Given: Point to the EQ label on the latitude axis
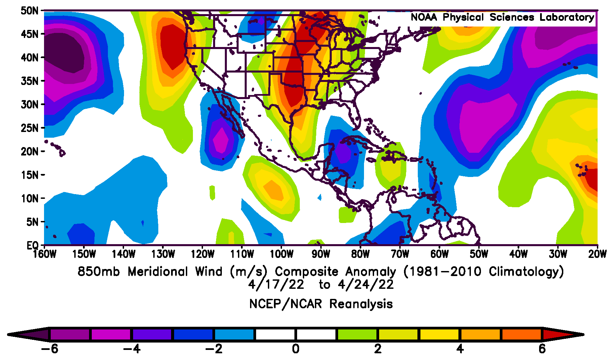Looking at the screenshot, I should tap(33, 245).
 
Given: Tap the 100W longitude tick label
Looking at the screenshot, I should tap(282, 254).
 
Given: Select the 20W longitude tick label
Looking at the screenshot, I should tap(597, 254).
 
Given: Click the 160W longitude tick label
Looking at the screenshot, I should tap(45, 254).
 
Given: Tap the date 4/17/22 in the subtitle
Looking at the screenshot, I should tap(276, 285).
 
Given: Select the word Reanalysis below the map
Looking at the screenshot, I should tap(361, 304).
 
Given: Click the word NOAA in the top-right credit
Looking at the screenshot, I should tap(424, 17).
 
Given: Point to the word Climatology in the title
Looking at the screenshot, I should tap(526, 271).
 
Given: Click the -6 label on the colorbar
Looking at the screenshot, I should tap(49, 349).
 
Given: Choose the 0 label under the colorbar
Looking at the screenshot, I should tap(295, 349).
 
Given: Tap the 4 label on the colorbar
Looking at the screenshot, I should tap(460, 349).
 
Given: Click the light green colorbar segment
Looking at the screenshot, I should tap(357, 334).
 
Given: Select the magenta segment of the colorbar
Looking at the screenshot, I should tap(111, 334).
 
